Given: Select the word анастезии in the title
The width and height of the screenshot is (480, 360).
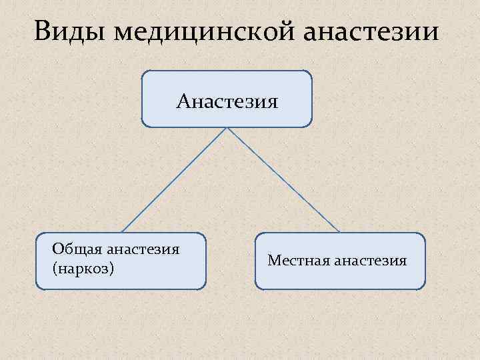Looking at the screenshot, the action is coord(373,31).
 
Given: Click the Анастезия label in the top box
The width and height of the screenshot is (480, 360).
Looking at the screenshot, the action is coord(227,102).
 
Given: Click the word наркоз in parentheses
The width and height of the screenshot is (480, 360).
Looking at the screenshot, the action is coord(83,268).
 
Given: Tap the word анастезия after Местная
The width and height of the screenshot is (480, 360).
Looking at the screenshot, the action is coord(371,260).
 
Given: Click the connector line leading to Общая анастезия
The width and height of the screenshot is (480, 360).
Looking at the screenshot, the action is coord(173,180).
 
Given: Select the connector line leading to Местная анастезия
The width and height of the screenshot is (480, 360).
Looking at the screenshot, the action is coord(283,180).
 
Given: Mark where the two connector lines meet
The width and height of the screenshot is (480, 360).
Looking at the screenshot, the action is coord(227,128).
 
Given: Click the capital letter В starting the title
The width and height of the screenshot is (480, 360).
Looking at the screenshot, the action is coord(43,31).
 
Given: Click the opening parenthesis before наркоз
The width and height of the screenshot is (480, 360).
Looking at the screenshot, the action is coord(54,269).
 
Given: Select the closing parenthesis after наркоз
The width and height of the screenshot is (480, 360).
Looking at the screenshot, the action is coord(113,269).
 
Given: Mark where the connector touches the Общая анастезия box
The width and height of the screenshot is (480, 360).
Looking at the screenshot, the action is coord(121,232).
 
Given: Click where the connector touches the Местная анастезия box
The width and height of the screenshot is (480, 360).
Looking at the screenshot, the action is coord(339,232).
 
